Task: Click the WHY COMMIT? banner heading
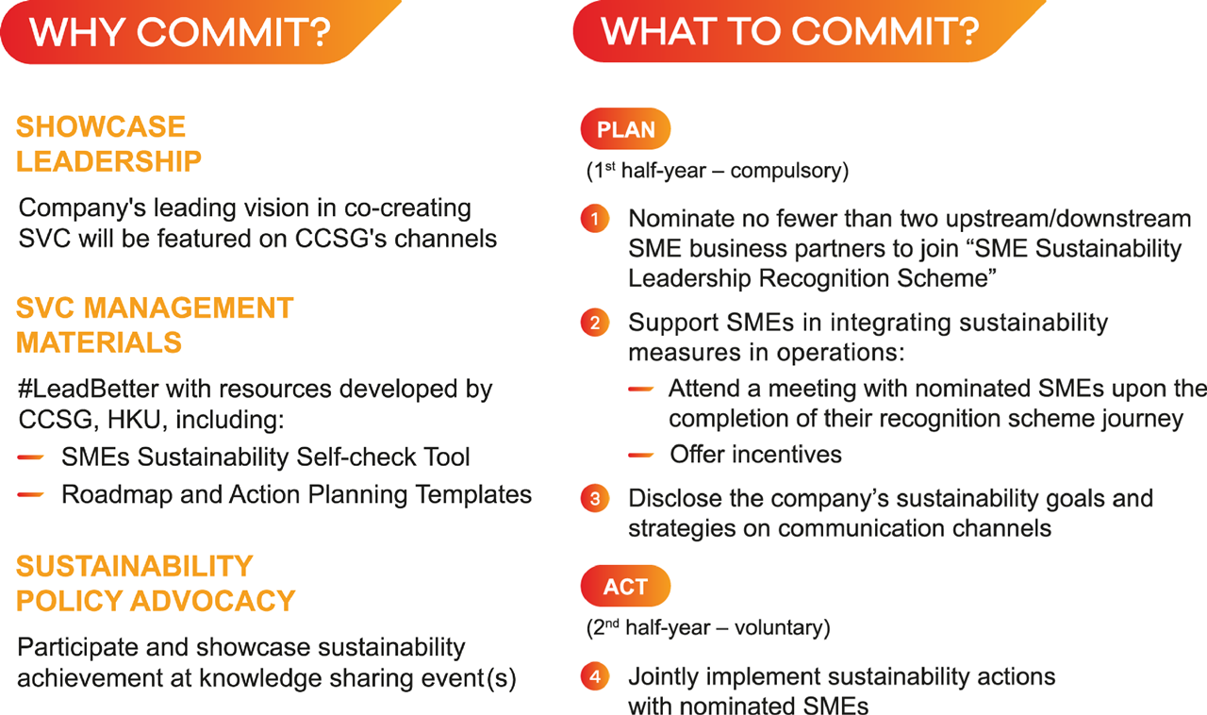[180, 32]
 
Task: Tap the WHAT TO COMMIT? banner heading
[790, 31]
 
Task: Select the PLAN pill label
[625, 129]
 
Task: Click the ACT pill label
[625, 586]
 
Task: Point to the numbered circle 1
[595, 219]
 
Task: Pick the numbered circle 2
[595, 323]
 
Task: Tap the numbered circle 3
[595, 498]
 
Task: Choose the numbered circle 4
[595, 676]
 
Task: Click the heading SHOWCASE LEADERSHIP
[108, 144]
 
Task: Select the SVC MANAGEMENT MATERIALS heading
[155, 325]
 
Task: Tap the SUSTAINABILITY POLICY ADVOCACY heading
[156, 584]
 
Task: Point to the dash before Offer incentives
[641, 456]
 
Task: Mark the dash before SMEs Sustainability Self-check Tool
[31, 457]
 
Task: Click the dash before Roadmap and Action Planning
[31, 494]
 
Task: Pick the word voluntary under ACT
[779, 627]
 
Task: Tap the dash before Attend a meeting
[641, 389]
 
